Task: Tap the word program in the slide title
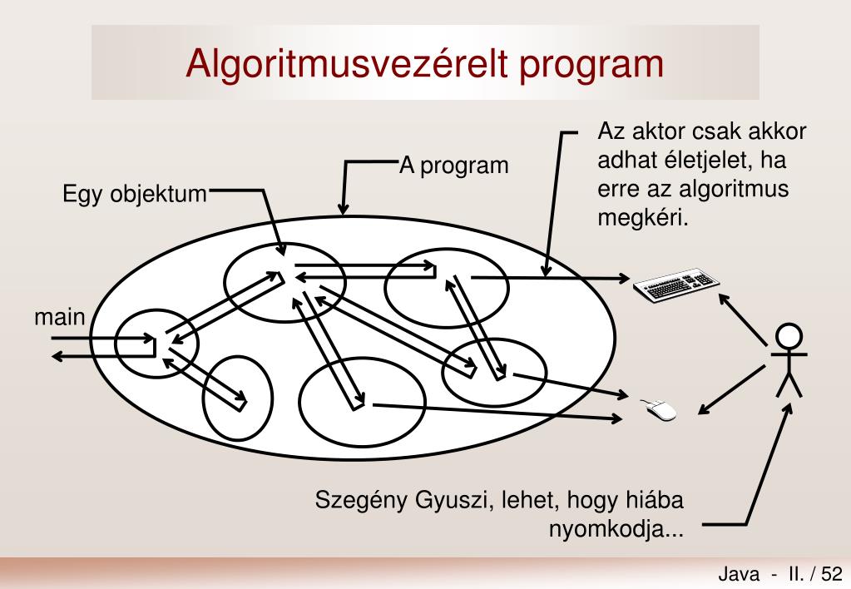(x=592, y=65)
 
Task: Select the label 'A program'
(x=453, y=166)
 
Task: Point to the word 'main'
(x=60, y=317)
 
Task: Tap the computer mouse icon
(x=659, y=408)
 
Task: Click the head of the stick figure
(x=789, y=336)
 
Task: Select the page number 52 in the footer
(x=831, y=573)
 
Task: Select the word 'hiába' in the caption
(x=656, y=502)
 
